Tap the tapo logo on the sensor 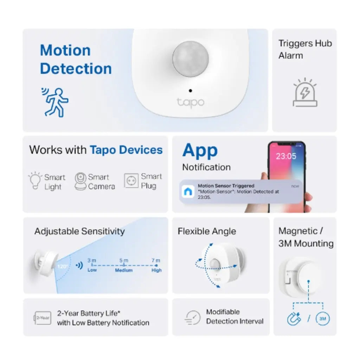190,103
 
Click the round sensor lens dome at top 190,59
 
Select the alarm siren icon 305,93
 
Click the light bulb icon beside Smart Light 35,181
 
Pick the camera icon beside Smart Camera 81,181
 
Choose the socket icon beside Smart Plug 131,181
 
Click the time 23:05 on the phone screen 286,156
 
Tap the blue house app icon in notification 187,192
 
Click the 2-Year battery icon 43,317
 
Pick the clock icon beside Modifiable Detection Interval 192,317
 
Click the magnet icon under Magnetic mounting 294,319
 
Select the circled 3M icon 323,319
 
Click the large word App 200,150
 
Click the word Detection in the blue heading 76,69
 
